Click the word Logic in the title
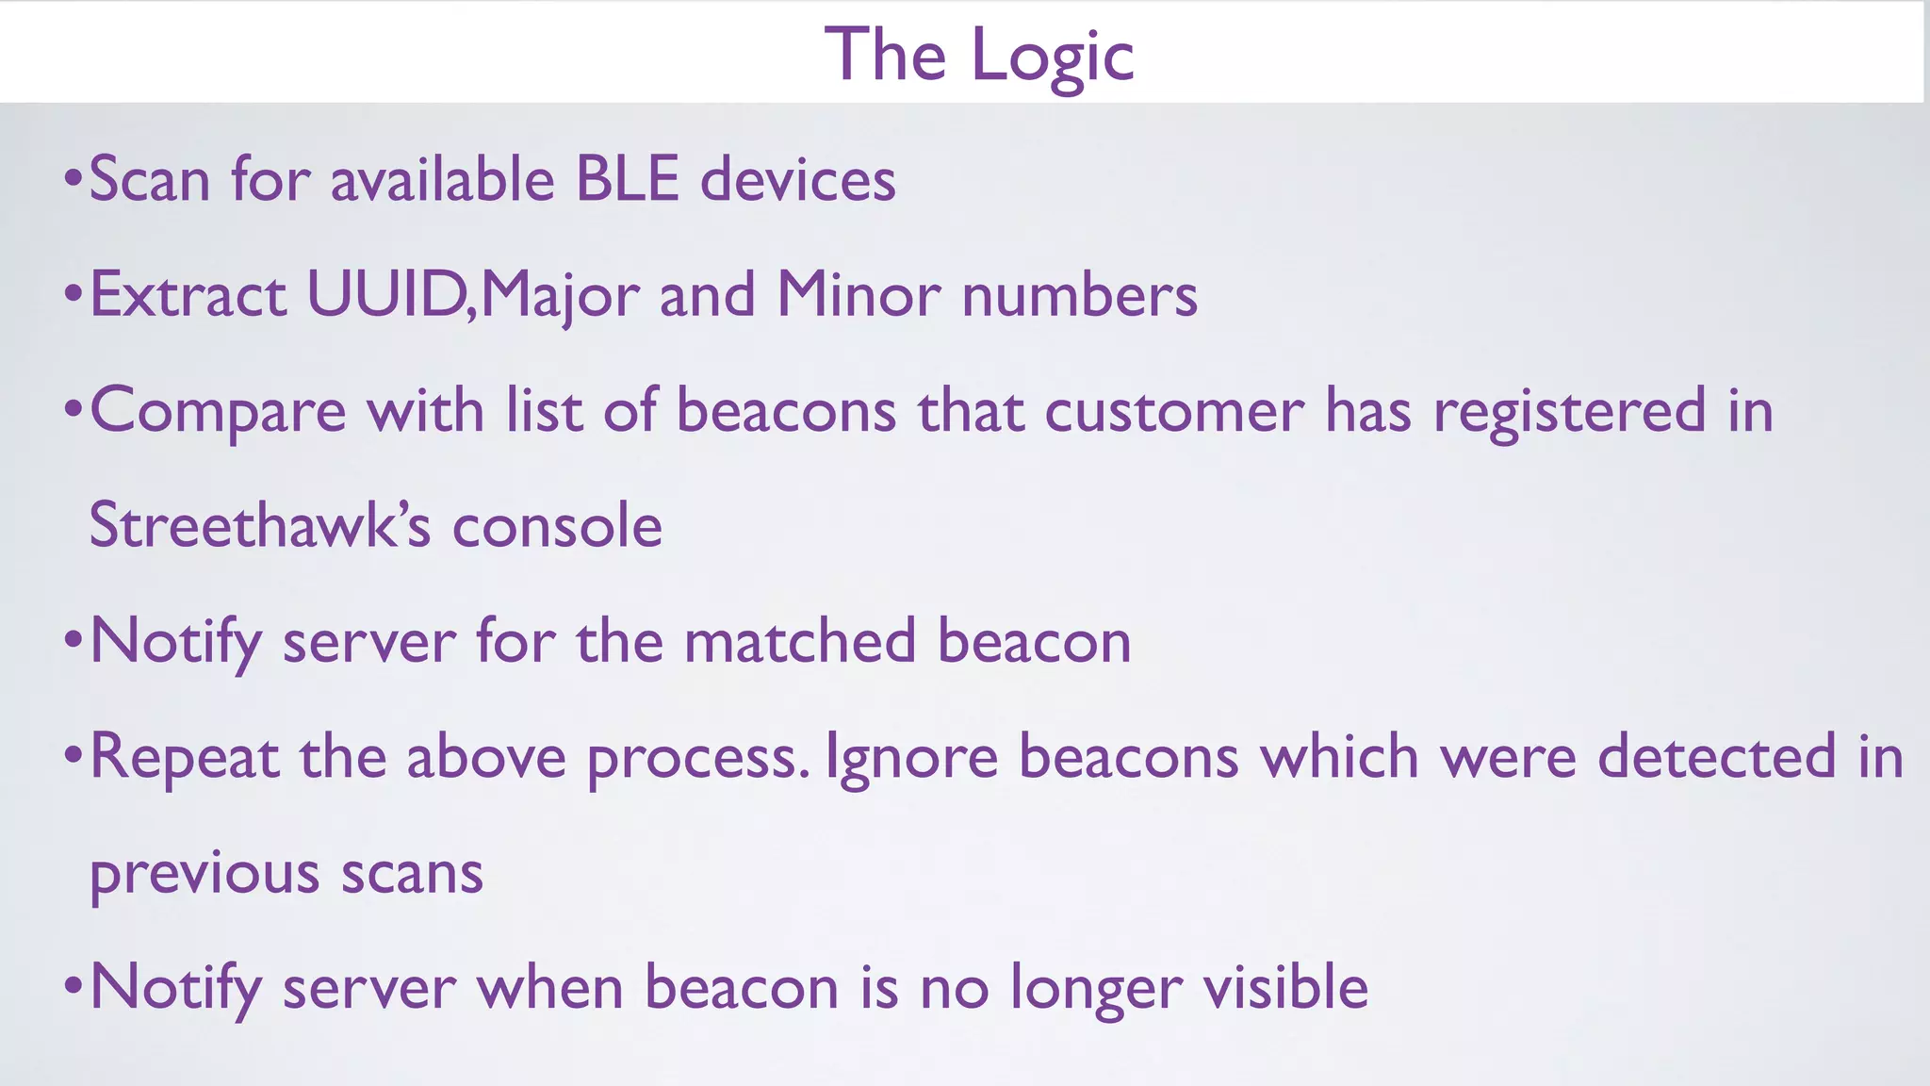[x=1052, y=57]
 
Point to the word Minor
[x=858, y=294]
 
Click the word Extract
[x=188, y=294]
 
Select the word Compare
[x=218, y=412]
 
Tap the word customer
[x=1173, y=412]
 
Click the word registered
[x=1569, y=412]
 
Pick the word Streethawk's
[x=260, y=525]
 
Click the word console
[x=557, y=525]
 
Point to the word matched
[x=799, y=641]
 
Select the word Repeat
[x=185, y=757]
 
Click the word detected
[x=1716, y=757]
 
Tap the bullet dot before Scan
[x=74, y=178]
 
